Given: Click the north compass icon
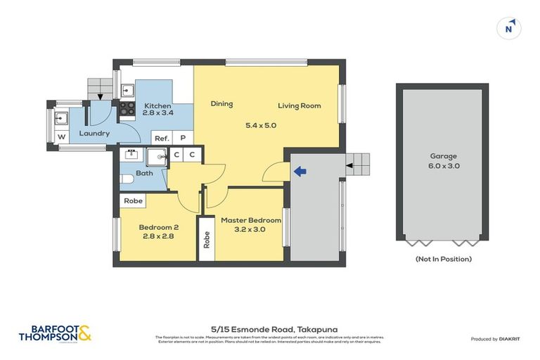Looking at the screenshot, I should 508,28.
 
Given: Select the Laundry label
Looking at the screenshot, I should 94,133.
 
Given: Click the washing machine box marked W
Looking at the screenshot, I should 61,136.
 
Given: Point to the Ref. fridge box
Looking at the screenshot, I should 162,139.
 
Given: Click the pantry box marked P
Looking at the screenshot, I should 183,139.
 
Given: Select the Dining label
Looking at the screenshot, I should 221,104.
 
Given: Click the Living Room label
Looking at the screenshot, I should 299,106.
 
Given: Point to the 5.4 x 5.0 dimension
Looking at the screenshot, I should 260,126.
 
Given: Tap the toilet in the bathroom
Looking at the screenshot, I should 127,182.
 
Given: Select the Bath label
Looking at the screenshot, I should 144,173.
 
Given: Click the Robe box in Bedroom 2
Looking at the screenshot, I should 133,201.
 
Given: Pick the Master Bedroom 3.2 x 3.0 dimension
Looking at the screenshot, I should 251,229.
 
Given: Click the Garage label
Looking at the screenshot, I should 443,156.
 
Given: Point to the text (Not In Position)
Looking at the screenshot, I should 443,259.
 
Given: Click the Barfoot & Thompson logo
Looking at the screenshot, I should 55,333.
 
